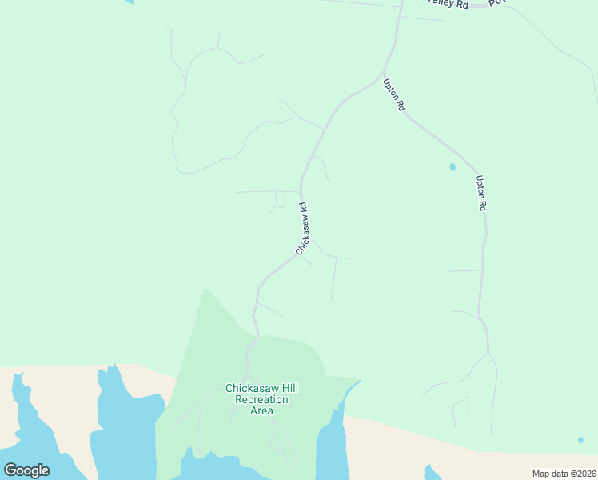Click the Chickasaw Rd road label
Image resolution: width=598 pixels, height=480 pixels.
coord(302,229)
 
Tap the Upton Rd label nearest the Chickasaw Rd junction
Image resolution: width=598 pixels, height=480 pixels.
coord(394,94)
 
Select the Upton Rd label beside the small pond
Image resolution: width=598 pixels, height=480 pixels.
coord(480,193)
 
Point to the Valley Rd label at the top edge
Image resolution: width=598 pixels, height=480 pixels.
coord(447,3)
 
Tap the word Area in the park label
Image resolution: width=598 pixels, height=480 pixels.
coord(261,411)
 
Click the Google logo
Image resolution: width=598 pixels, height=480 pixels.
coord(26,470)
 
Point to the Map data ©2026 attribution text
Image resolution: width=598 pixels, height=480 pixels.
coord(564,474)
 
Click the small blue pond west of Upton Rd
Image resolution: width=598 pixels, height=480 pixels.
coord(452,167)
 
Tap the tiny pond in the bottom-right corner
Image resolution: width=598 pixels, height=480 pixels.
coord(580,440)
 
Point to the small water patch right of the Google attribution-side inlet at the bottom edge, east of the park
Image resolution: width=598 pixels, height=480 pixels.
coord(433,472)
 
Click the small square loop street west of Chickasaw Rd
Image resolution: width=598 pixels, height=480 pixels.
coord(280,199)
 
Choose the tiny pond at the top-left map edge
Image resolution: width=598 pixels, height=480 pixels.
coord(129,2)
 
